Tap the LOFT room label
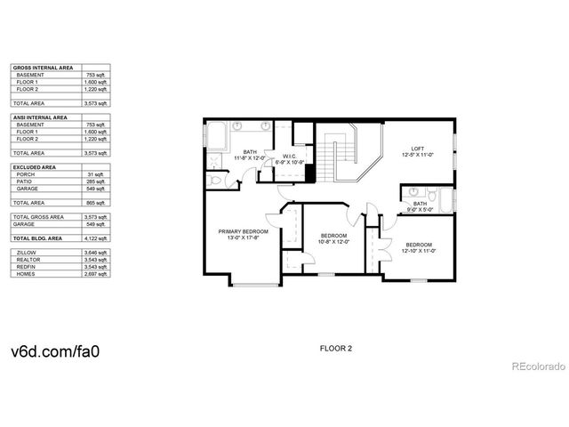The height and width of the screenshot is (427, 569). [417, 149]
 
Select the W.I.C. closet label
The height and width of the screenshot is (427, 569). [290, 155]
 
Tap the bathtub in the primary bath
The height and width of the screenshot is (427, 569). [216, 135]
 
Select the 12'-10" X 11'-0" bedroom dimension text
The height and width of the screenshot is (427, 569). [419, 252]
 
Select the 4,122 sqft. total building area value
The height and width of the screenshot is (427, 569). [96, 239]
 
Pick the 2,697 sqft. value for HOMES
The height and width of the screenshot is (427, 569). [96, 274]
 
